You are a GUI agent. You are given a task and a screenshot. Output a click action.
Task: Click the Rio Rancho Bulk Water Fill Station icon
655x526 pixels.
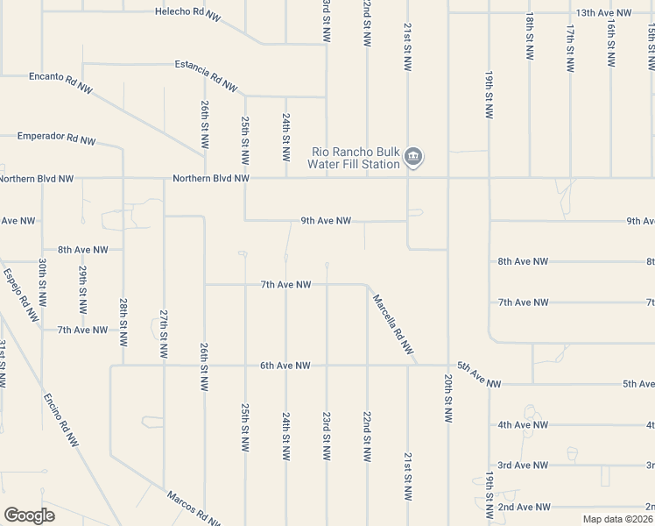415,158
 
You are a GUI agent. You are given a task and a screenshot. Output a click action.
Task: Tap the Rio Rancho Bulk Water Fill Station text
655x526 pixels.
354,158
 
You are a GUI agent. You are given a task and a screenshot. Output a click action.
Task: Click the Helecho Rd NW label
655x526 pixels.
188,11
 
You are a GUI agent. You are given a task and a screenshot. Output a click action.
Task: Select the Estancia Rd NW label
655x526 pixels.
206,76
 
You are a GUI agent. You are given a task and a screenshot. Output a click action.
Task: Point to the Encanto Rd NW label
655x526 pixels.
60,82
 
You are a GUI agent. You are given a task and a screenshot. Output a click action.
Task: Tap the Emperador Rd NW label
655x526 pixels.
57,139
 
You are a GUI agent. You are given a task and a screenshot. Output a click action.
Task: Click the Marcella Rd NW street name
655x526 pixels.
392,323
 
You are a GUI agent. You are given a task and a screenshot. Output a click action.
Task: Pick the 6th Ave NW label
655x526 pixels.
285,366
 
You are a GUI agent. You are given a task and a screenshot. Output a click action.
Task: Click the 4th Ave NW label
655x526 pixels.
523,424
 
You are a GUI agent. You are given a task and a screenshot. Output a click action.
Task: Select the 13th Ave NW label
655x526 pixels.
604,13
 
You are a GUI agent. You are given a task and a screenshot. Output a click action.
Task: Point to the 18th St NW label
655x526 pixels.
530,37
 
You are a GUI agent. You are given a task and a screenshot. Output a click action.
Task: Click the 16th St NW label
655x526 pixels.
611,37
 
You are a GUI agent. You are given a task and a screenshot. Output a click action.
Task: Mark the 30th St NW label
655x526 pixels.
42,282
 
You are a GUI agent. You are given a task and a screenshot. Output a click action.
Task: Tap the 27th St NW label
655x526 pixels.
164,333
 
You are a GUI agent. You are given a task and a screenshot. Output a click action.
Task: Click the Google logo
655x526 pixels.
29,515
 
